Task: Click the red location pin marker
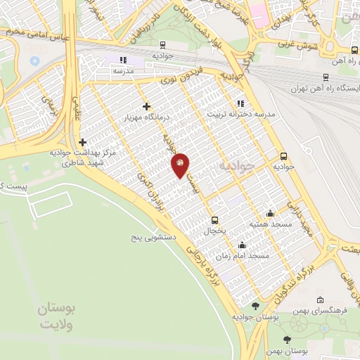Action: (181, 165)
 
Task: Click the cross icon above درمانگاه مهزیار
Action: (146, 107)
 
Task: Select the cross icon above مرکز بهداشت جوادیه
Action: (83, 142)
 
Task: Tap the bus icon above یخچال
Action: (214, 219)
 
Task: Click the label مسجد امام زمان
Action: (243, 256)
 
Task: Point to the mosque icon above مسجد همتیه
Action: (270, 214)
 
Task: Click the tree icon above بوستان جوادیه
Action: (255, 307)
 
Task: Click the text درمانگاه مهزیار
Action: (146, 117)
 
